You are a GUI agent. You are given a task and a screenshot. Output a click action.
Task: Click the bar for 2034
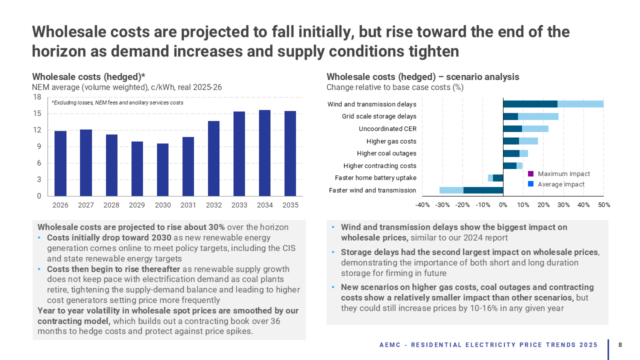point(264,153)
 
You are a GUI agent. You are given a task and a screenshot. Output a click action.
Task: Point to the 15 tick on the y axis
point(37,113)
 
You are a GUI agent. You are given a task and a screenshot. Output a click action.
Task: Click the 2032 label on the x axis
point(213,204)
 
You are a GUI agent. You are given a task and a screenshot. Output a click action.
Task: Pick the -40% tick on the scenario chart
point(422,204)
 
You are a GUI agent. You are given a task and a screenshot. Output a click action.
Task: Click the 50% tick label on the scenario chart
point(603,204)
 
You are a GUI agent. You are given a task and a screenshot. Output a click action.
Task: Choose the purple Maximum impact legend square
point(531,174)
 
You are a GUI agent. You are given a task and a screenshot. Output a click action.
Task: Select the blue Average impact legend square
point(531,184)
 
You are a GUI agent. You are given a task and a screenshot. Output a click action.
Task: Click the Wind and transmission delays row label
point(371,104)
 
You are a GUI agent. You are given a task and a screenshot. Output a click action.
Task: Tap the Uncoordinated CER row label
point(387,128)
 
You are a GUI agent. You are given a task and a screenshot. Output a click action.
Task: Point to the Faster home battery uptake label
point(375,177)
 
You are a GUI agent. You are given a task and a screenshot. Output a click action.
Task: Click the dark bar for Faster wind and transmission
point(483,190)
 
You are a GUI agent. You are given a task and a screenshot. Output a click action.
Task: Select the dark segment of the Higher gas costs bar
point(511,141)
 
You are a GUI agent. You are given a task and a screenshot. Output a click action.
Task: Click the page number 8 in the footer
point(620,345)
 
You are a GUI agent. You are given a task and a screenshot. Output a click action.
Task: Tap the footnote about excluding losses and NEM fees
point(117,102)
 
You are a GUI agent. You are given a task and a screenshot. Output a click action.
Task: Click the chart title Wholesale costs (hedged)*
point(88,77)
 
